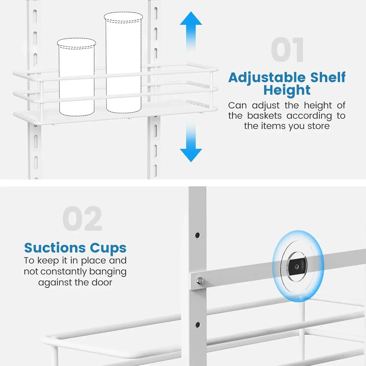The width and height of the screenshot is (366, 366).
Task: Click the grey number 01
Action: pyautogui.click(x=287, y=50)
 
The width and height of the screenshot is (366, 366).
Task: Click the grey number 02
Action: pyautogui.click(x=82, y=219)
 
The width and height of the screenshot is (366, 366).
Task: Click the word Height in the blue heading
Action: pyautogui.click(x=287, y=90)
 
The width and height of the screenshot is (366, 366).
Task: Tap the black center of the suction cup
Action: pyautogui.click(x=297, y=266)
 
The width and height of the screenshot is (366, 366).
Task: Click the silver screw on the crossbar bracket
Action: pyautogui.click(x=200, y=280)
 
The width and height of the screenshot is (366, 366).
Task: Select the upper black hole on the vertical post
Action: pyautogui.click(x=198, y=235)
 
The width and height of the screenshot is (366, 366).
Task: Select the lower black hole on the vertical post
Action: pyautogui.click(x=198, y=324)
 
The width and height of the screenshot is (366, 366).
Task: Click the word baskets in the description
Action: pyautogui.click(x=264, y=116)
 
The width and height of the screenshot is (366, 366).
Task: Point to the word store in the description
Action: pyautogui.click(x=318, y=126)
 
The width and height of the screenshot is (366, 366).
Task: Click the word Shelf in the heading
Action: pyautogui.click(x=328, y=78)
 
